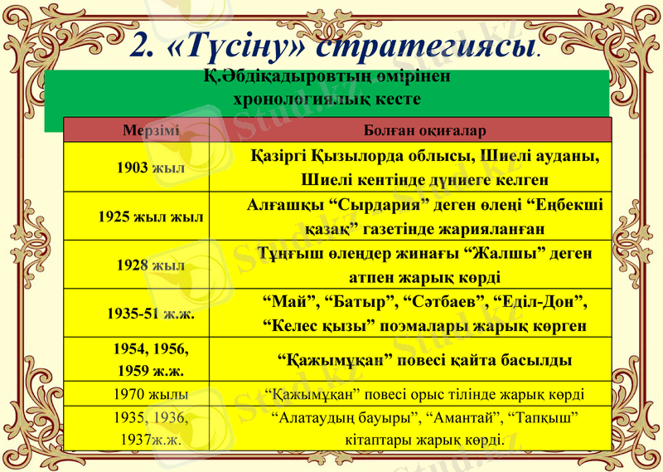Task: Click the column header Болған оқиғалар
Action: (x=424, y=131)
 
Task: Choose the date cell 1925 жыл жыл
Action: (x=151, y=217)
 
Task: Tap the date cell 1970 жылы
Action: (x=152, y=393)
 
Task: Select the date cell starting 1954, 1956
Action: (x=151, y=358)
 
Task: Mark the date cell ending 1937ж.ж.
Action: (x=152, y=428)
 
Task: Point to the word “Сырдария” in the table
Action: (x=374, y=205)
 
